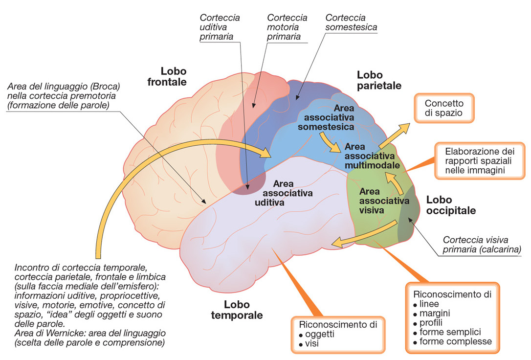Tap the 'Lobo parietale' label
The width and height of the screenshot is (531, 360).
tap(379, 80)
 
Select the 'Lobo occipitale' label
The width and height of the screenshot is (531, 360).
tap(451, 205)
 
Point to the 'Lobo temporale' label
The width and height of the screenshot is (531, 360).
tap(237, 310)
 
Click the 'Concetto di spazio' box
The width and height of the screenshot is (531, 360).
tap(444, 109)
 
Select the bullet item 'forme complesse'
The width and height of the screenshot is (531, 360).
tap(456, 341)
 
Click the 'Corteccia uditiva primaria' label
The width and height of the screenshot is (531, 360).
tap(220, 27)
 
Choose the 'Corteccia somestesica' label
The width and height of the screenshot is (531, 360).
tap(351, 22)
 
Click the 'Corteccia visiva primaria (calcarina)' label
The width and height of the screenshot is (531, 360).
tap(481, 245)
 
